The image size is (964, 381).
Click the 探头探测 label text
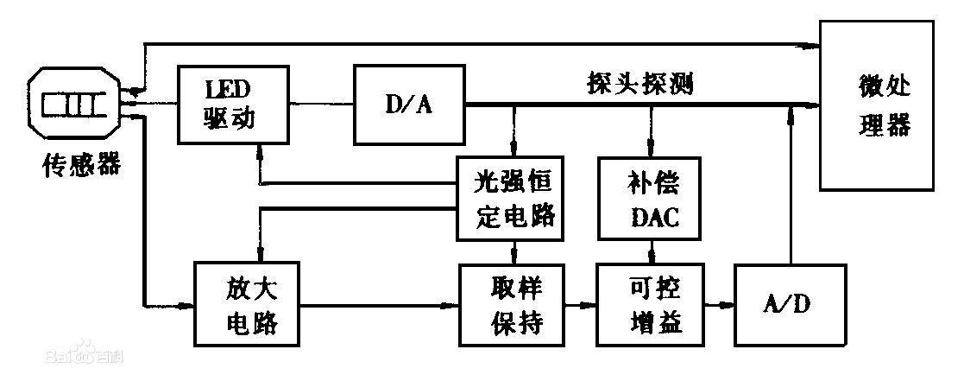pyautogui.click(x=636, y=84)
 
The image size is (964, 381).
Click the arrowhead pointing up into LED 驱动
pyautogui.click(x=258, y=150)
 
